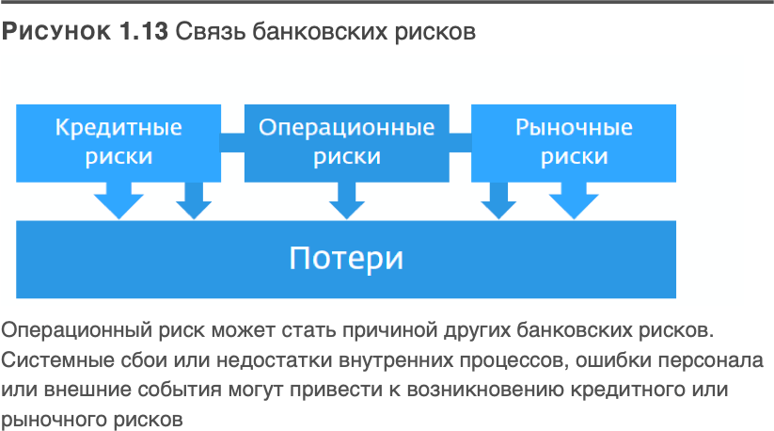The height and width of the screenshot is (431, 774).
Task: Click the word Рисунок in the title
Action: [x=57, y=32]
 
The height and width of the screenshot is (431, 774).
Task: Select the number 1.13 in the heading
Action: [x=144, y=32]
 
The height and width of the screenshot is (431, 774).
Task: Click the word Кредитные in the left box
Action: [x=118, y=127]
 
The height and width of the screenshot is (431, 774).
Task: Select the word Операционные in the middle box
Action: [x=346, y=127]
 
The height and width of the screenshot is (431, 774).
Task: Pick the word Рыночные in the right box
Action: [x=574, y=127]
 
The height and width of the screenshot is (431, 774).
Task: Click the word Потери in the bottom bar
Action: [x=346, y=257]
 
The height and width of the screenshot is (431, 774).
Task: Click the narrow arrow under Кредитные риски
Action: [x=194, y=200]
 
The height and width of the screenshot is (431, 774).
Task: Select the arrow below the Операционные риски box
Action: [x=346, y=200]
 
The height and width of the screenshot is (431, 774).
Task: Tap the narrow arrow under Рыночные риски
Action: [x=498, y=200]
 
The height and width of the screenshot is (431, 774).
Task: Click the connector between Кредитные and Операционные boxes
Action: [x=231, y=142]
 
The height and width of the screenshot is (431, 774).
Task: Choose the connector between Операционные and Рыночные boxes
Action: [x=460, y=142]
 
